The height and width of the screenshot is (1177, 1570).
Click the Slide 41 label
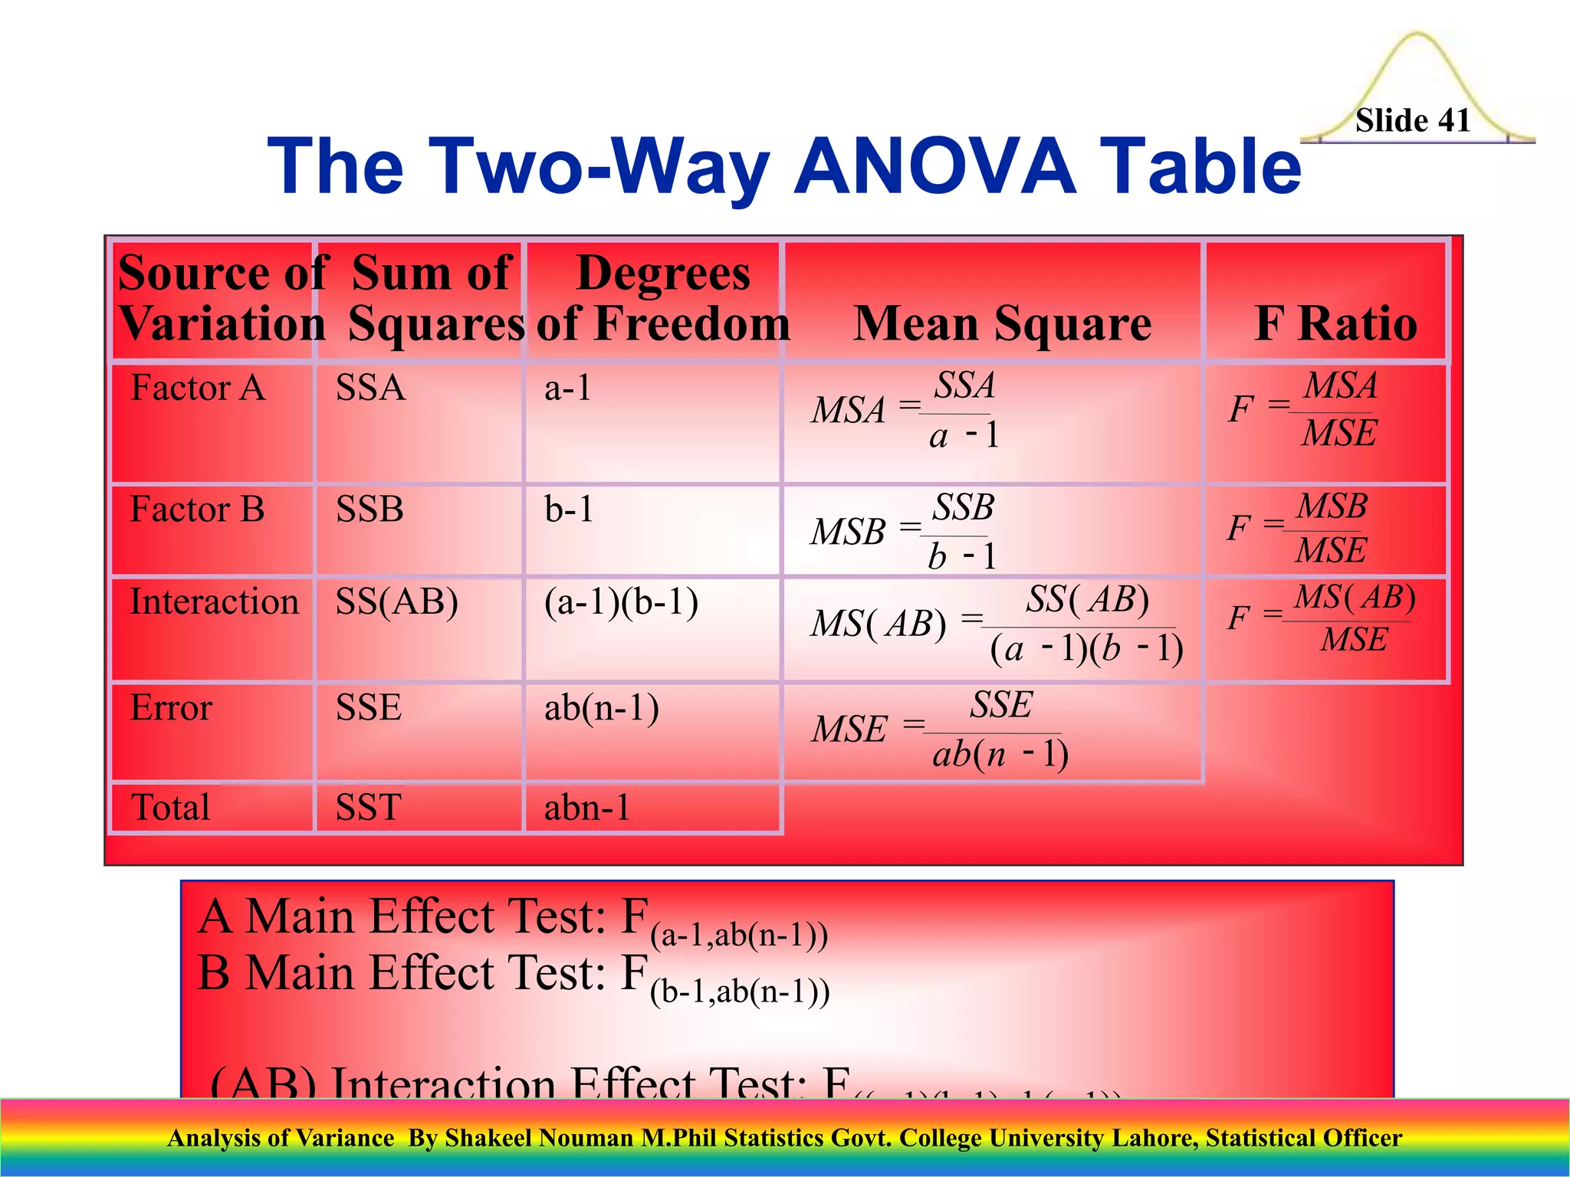(x=1412, y=121)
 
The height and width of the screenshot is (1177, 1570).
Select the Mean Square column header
(x=1001, y=323)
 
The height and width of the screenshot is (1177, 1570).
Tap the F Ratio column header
(x=1335, y=323)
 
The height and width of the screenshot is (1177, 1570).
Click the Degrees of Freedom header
(x=662, y=298)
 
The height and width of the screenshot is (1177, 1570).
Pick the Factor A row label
(x=198, y=388)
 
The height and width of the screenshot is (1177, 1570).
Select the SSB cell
(x=370, y=510)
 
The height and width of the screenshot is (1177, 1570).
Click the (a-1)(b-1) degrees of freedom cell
(x=621, y=602)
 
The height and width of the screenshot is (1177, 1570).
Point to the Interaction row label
(x=214, y=602)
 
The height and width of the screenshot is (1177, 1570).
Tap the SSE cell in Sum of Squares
(x=368, y=707)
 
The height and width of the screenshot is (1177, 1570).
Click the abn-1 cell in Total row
(x=587, y=808)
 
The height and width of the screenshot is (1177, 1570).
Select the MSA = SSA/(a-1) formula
(x=905, y=410)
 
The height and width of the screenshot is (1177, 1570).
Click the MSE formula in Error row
(x=940, y=729)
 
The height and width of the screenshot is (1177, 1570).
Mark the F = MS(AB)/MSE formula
(x=1321, y=618)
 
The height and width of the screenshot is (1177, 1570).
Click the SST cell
(x=368, y=808)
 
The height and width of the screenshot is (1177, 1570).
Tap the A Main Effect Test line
(x=512, y=920)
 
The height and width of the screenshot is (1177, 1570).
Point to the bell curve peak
(x=1417, y=34)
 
